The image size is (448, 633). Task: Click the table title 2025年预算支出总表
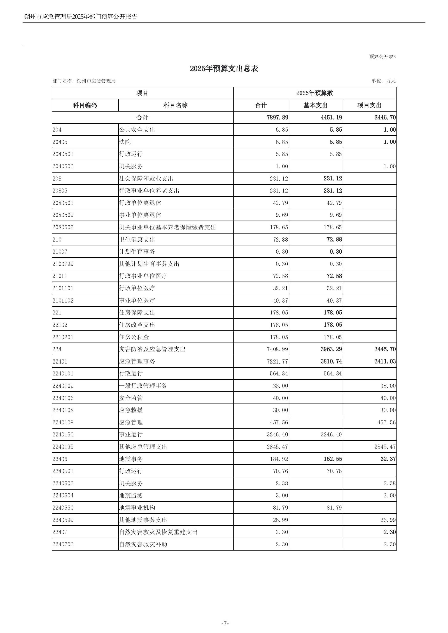(x=224, y=69)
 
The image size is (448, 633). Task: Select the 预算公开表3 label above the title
(x=382, y=57)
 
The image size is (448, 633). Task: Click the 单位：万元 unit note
(x=383, y=81)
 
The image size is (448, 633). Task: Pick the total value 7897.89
(x=277, y=118)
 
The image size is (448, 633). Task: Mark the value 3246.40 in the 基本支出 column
(x=331, y=435)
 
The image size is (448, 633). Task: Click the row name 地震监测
(x=131, y=495)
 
